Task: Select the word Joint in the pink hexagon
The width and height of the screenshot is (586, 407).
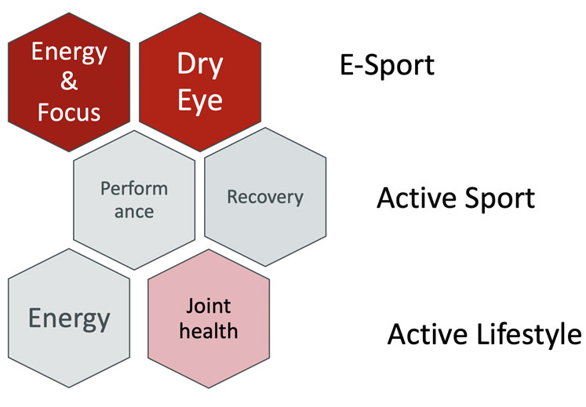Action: (208, 304)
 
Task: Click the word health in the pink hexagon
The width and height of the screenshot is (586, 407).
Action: (208, 330)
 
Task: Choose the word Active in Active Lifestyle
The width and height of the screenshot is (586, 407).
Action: (425, 335)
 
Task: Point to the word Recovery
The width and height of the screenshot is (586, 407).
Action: (264, 196)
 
